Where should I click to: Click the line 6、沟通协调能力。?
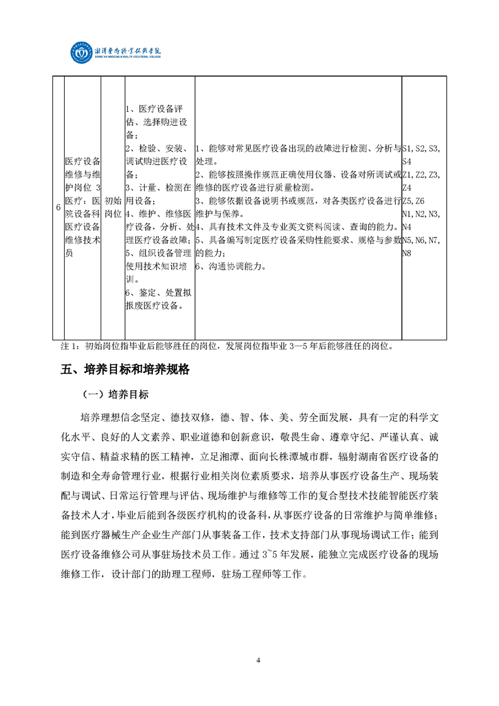(x=231, y=266)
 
